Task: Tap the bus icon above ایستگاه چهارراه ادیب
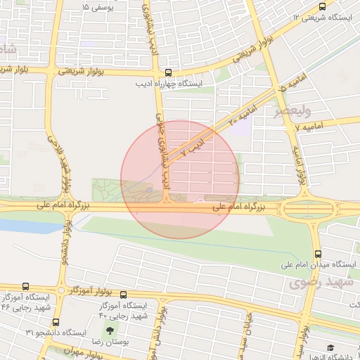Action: click(167, 72)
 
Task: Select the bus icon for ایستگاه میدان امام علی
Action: click(318, 254)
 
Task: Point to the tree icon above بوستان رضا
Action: click(108, 330)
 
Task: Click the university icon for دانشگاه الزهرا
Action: click(330, 347)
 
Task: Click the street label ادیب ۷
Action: click(195, 146)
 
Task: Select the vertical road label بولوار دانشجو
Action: click(67, 242)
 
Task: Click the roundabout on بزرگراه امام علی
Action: click(304, 208)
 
